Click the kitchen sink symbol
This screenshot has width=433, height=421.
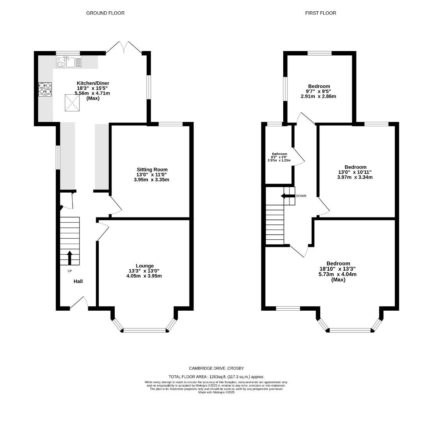point(69,62)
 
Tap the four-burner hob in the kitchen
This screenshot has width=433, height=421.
point(45,89)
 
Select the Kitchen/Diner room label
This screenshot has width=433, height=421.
point(93,83)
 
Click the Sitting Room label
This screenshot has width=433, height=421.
point(152,170)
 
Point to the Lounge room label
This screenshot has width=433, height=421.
point(145,266)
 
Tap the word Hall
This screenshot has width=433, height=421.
point(78,281)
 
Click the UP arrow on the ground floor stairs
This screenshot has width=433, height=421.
point(69,258)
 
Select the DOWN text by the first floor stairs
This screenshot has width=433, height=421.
point(301,196)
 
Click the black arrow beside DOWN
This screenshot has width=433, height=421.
point(288,196)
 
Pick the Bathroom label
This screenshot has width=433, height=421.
point(279,154)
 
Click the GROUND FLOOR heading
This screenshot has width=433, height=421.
point(105,13)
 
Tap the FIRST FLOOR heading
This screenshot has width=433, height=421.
point(321,13)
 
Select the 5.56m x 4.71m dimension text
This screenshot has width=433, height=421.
point(92,93)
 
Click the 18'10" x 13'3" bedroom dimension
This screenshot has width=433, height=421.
point(337,269)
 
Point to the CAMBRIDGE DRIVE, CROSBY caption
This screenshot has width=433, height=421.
point(216,368)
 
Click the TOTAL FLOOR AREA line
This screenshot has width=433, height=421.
point(216,377)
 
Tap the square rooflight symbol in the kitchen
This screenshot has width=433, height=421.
point(72,103)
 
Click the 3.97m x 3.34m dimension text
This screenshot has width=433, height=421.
point(355,177)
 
